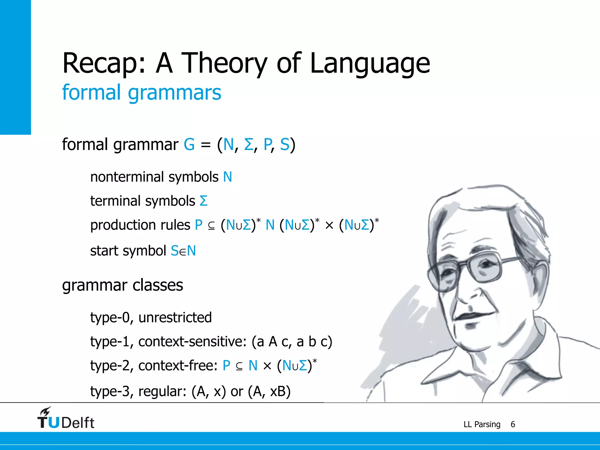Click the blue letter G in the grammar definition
click(x=189, y=145)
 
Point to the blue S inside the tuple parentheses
click(x=284, y=145)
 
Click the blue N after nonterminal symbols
click(x=227, y=177)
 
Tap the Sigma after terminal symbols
click(x=203, y=201)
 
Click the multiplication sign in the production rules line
click(x=329, y=226)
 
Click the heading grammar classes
click(x=122, y=285)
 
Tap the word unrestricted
click(x=175, y=318)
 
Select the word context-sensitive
click(x=192, y=342)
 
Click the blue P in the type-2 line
click(x=226, y=366)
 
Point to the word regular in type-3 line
click(x=162, y=391)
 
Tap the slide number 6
click(x=513, y=424)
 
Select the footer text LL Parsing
click(x=482, y=424)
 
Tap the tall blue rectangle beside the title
click(x=15, y=67)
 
